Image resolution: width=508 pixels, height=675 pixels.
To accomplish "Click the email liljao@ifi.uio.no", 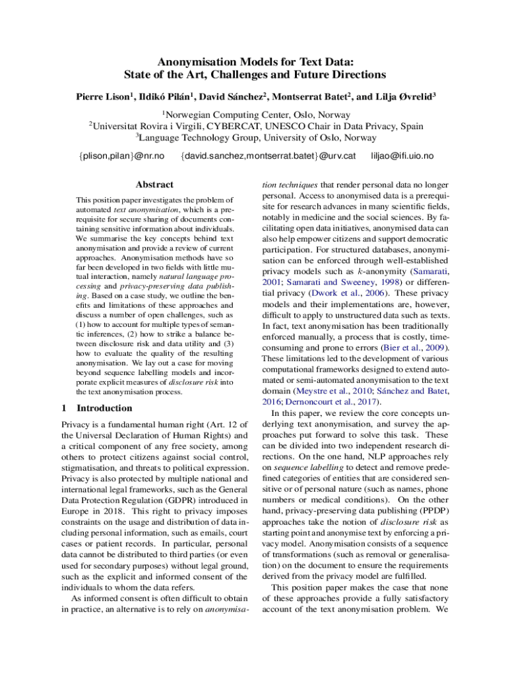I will tap(402, 156).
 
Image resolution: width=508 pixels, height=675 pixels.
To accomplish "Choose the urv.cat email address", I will tap(269, 156).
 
